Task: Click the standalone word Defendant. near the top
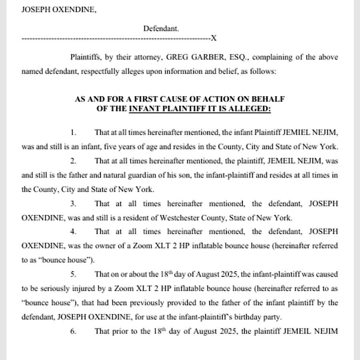(x=161, y=28)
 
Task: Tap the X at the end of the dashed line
(x=214, y=38)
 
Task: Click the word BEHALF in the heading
(x=270, y=99)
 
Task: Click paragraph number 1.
(x=73, y=132)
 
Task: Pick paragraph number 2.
(x=73, y=161)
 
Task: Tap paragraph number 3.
(x=73, y=204)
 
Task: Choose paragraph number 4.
(x=73, y=232)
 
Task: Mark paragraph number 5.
(x=73, y=274)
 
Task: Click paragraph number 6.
(x=73, y=332)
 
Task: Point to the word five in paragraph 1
(x=112, y=146)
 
